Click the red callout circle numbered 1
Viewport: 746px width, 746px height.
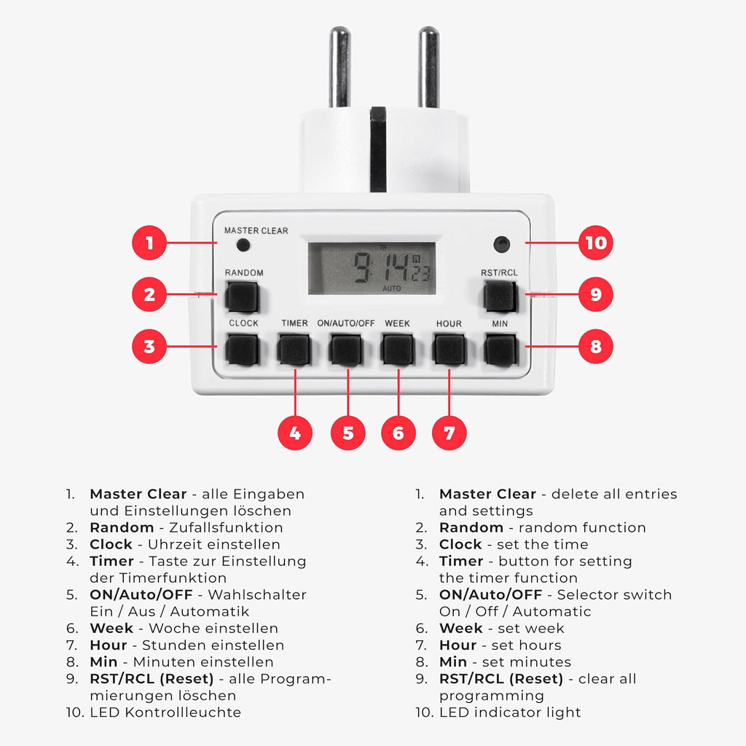[x=149, y=243]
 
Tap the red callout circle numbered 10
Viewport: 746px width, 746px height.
[x=596, y=243]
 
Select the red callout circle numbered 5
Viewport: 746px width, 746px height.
[x=348, y=433]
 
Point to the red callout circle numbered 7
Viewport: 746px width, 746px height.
[x=449, y=433]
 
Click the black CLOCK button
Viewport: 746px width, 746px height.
[x=242, y=349]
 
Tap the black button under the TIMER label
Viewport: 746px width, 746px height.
[x=294, y=349]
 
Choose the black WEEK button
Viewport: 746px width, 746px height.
[x=398, y=349]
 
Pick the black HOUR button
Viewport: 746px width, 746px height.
[x=449, y=349]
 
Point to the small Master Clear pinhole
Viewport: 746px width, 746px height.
[x=243, y=245]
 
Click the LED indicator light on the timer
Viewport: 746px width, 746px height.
[x=501, y=245]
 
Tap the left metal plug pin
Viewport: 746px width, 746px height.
[x=339, y=67]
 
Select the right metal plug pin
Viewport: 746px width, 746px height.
[x=428, y=67]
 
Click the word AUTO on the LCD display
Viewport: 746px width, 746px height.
[x=391, y=288]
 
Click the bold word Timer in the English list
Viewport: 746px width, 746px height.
[x=461, y=562]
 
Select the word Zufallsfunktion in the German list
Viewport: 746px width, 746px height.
[x=226, y=527]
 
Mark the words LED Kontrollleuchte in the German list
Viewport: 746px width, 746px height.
[x=165, y=712]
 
